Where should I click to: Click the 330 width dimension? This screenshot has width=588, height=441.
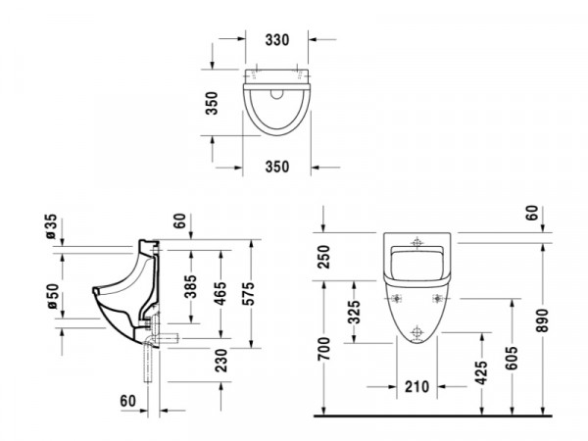277,40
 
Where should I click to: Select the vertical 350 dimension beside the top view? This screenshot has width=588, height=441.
212,103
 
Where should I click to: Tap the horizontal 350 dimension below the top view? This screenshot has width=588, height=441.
277,167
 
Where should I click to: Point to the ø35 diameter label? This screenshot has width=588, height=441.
51,226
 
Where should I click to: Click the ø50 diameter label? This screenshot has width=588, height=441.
53,296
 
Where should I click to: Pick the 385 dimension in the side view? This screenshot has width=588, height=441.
190,286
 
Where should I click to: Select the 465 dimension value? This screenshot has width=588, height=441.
220,293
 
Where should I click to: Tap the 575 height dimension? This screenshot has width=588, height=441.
248,293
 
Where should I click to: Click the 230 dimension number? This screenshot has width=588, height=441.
221,361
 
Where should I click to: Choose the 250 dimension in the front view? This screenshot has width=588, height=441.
323,257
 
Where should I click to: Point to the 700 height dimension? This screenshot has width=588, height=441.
323,349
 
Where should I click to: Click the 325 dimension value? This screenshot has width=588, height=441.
354,312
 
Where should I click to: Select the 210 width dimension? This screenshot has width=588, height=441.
416,387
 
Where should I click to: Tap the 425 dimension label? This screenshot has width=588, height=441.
481,372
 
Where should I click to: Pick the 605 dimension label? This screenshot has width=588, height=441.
511,358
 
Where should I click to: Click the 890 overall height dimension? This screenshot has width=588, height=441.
542,320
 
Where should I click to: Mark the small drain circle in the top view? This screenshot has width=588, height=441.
277,94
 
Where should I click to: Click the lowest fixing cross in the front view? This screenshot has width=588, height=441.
416,332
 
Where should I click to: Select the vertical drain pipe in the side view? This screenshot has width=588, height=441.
149,363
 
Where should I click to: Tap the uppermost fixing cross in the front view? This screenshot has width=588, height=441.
416,242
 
